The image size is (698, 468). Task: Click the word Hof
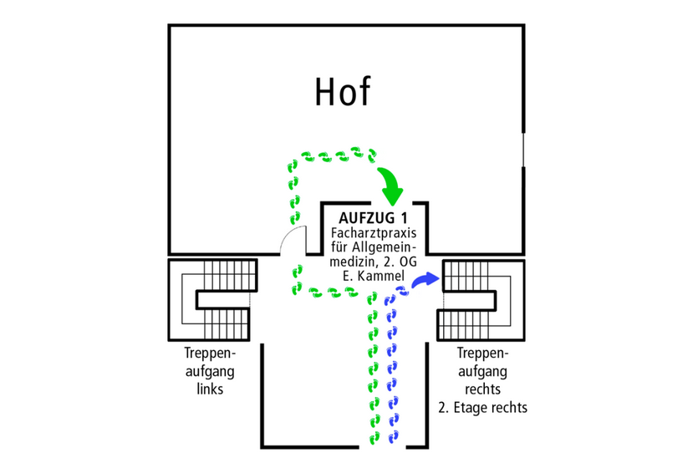[x=342, y=92]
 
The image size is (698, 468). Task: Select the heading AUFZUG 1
[x=374, y=219]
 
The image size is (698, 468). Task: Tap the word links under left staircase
[x=205, y=389]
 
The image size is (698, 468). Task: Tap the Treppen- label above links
[x=205, y=354]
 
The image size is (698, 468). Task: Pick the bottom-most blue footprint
[x=394, y=435]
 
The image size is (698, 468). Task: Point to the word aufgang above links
[x=205, y=371]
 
